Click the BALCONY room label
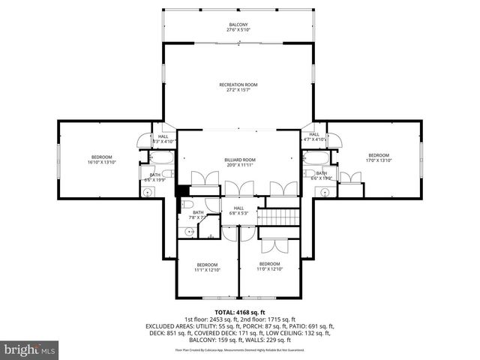(x=238, y=27)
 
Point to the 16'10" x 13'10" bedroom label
(x=101, y=159)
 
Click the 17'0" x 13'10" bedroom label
(x=378, y=157)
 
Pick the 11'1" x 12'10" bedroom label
(x=207, y=267)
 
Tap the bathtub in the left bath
(x=160, y=158)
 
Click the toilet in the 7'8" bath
(x=187, y=203)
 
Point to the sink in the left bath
(x=148, y=190)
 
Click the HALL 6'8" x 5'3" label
(x=238, y=211)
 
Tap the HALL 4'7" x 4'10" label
(x=315, y=137)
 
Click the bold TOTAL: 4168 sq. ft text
(x=240, y=312)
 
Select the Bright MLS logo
(x=30, y=349)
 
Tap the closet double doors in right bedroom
(x=350, y=178)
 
